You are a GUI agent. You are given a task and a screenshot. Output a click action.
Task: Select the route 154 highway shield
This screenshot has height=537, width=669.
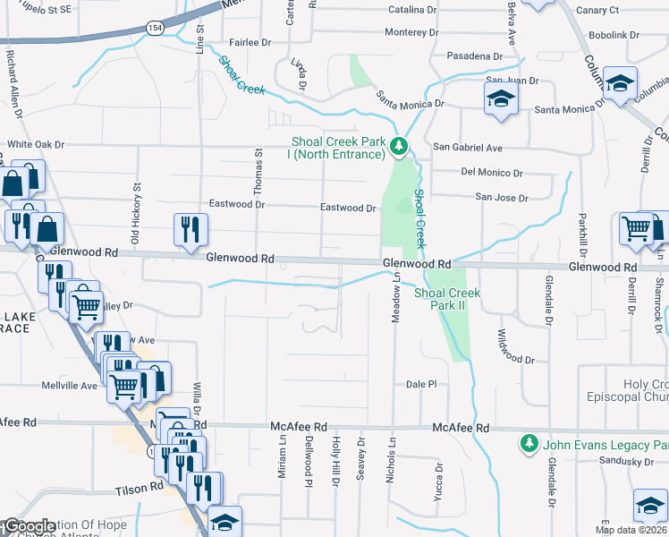tap(155, 29)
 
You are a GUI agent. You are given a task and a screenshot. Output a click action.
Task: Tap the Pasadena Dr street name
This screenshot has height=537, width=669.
tap(475, 55)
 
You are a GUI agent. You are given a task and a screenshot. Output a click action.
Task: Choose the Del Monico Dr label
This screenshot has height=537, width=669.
tap(492, 172)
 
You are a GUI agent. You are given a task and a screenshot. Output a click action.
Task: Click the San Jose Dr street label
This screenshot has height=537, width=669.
tap(501, 197)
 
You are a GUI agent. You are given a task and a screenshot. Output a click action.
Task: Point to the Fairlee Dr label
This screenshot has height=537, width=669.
tap(250, 42)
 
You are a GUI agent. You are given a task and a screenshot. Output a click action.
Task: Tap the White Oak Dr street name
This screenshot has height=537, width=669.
tap(37, 143)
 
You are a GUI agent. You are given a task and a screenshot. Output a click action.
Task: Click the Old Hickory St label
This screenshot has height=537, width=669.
tap(137, 214)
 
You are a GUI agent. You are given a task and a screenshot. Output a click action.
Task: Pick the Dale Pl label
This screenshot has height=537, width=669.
tap(419, 383)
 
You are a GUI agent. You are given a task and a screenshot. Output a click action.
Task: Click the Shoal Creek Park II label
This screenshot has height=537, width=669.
tap(446, 299)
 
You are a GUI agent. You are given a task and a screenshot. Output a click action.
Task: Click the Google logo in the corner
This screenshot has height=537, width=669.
tap(30, 526)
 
